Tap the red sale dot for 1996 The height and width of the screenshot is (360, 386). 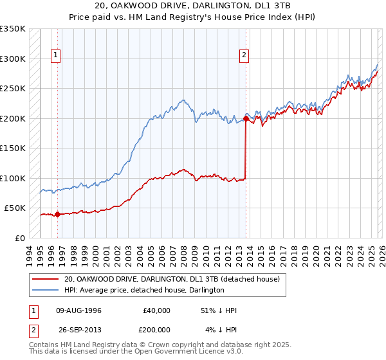[x=57, y=215]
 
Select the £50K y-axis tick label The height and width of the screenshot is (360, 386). [x=15, y=208]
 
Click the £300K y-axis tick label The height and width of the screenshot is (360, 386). [x=13, y=59]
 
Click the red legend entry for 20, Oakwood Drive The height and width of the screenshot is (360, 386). [x=172, y=280]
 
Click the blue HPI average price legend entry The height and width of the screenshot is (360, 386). [x=143, y=291]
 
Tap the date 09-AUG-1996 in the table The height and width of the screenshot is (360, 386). [x=79, y=310]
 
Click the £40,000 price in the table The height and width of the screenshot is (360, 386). [x=156, y=310]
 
